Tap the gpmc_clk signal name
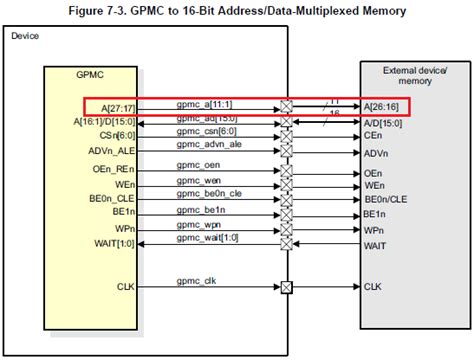pos(195,281)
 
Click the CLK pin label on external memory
pos(372,287)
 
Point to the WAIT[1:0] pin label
pos(112,244)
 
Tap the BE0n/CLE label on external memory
pos(389,200)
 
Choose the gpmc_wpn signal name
pos(199,223)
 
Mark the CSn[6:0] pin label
pos(115,135)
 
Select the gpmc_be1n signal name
pos(200,209)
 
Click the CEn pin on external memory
pos(372,135)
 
